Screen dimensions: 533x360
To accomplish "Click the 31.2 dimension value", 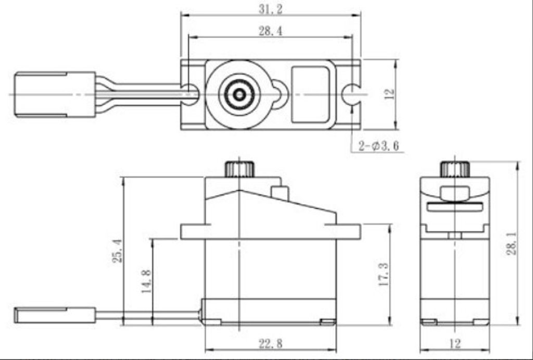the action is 271,9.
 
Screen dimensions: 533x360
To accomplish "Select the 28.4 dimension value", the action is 271,31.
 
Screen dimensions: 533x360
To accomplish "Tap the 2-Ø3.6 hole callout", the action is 379,146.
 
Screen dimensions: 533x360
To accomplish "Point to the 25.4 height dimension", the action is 117,251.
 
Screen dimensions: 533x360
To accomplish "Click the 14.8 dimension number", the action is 146,281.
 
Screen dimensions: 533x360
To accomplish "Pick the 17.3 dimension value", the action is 384,274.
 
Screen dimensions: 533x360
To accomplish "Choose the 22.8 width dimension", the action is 271,344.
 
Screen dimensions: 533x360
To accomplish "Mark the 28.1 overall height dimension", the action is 511,244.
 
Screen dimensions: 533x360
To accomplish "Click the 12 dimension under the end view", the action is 455,344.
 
